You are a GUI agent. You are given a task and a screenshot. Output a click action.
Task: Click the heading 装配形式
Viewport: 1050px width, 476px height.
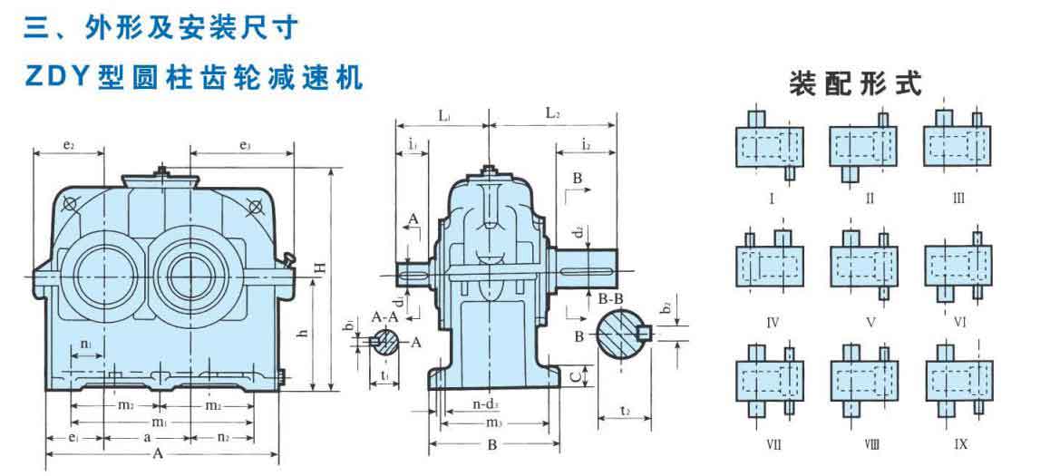(855, 84)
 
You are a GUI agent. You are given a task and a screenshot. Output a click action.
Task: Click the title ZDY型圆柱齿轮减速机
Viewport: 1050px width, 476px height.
(194, 77)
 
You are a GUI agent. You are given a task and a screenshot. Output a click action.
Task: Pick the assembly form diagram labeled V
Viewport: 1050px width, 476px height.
(862, 266)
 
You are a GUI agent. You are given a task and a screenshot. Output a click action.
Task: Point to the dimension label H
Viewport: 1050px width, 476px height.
(318, 268)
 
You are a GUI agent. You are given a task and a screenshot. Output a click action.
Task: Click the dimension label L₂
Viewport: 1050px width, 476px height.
(552, 114)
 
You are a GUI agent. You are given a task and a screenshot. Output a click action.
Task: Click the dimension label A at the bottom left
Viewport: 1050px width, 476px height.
(159, 453)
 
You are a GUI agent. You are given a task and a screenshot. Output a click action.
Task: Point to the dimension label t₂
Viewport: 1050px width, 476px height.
(625, 411)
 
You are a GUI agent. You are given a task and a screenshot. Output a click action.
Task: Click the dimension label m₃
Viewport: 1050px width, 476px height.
(492, 423)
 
